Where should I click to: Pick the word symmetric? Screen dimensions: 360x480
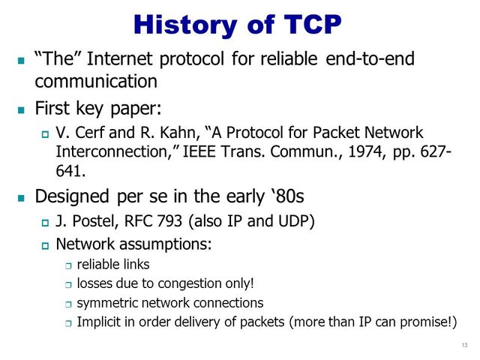coord(110,303)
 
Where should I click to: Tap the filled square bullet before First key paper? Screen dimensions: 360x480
coord(20,109)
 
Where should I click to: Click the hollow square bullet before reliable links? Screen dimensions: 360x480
coord(67,265)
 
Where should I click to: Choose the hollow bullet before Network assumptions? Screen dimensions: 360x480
coord(44,245)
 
